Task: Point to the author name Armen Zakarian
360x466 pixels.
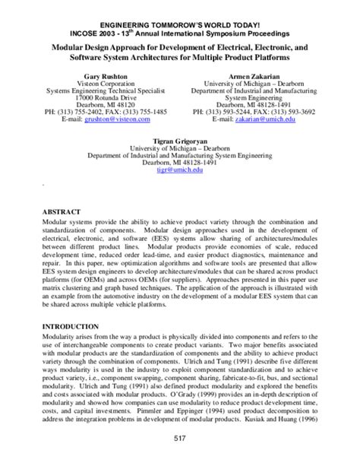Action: pos(254,78)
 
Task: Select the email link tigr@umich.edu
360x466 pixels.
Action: pos(180,172)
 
